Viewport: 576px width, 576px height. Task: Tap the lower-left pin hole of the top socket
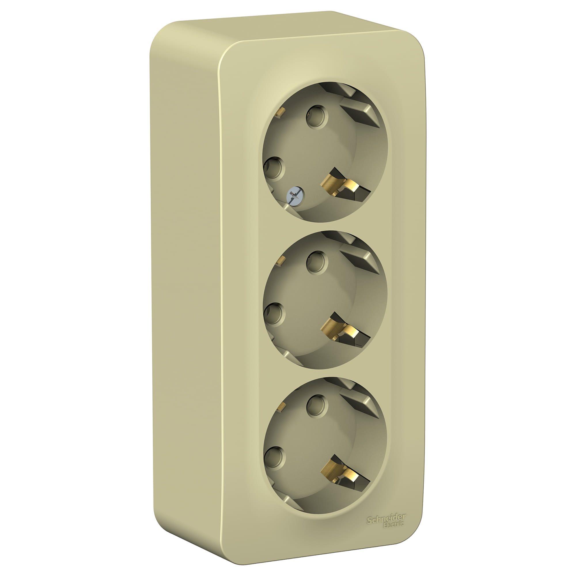(274, 168)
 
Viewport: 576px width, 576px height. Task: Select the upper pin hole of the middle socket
(317, 262)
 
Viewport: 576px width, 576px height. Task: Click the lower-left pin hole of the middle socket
(274, 314)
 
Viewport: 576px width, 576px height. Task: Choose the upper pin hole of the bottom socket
(317, 405)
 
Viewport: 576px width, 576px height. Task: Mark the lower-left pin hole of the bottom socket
(274, 457)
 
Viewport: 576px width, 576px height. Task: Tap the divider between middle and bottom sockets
(325, 373)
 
